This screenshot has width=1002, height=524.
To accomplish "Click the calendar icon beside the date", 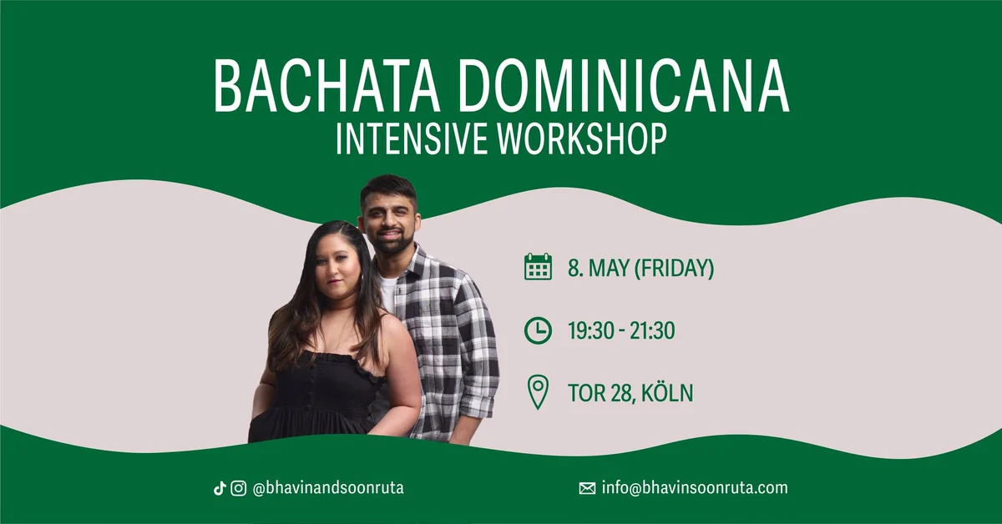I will (x=538, y=267).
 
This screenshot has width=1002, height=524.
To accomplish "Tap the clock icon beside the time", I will (x=538, y=330).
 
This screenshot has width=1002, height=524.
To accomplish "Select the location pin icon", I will (x=538, y=392).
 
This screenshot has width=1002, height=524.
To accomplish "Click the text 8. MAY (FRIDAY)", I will (x=640, y=269).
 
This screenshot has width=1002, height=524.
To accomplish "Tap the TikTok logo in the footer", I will (x=220, y=488).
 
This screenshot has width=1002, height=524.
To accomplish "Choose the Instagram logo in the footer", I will (x=239, y=488).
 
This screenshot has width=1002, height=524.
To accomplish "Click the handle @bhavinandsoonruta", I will (x=328, y=488).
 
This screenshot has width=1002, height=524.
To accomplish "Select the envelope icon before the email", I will (x=587, y=489).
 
